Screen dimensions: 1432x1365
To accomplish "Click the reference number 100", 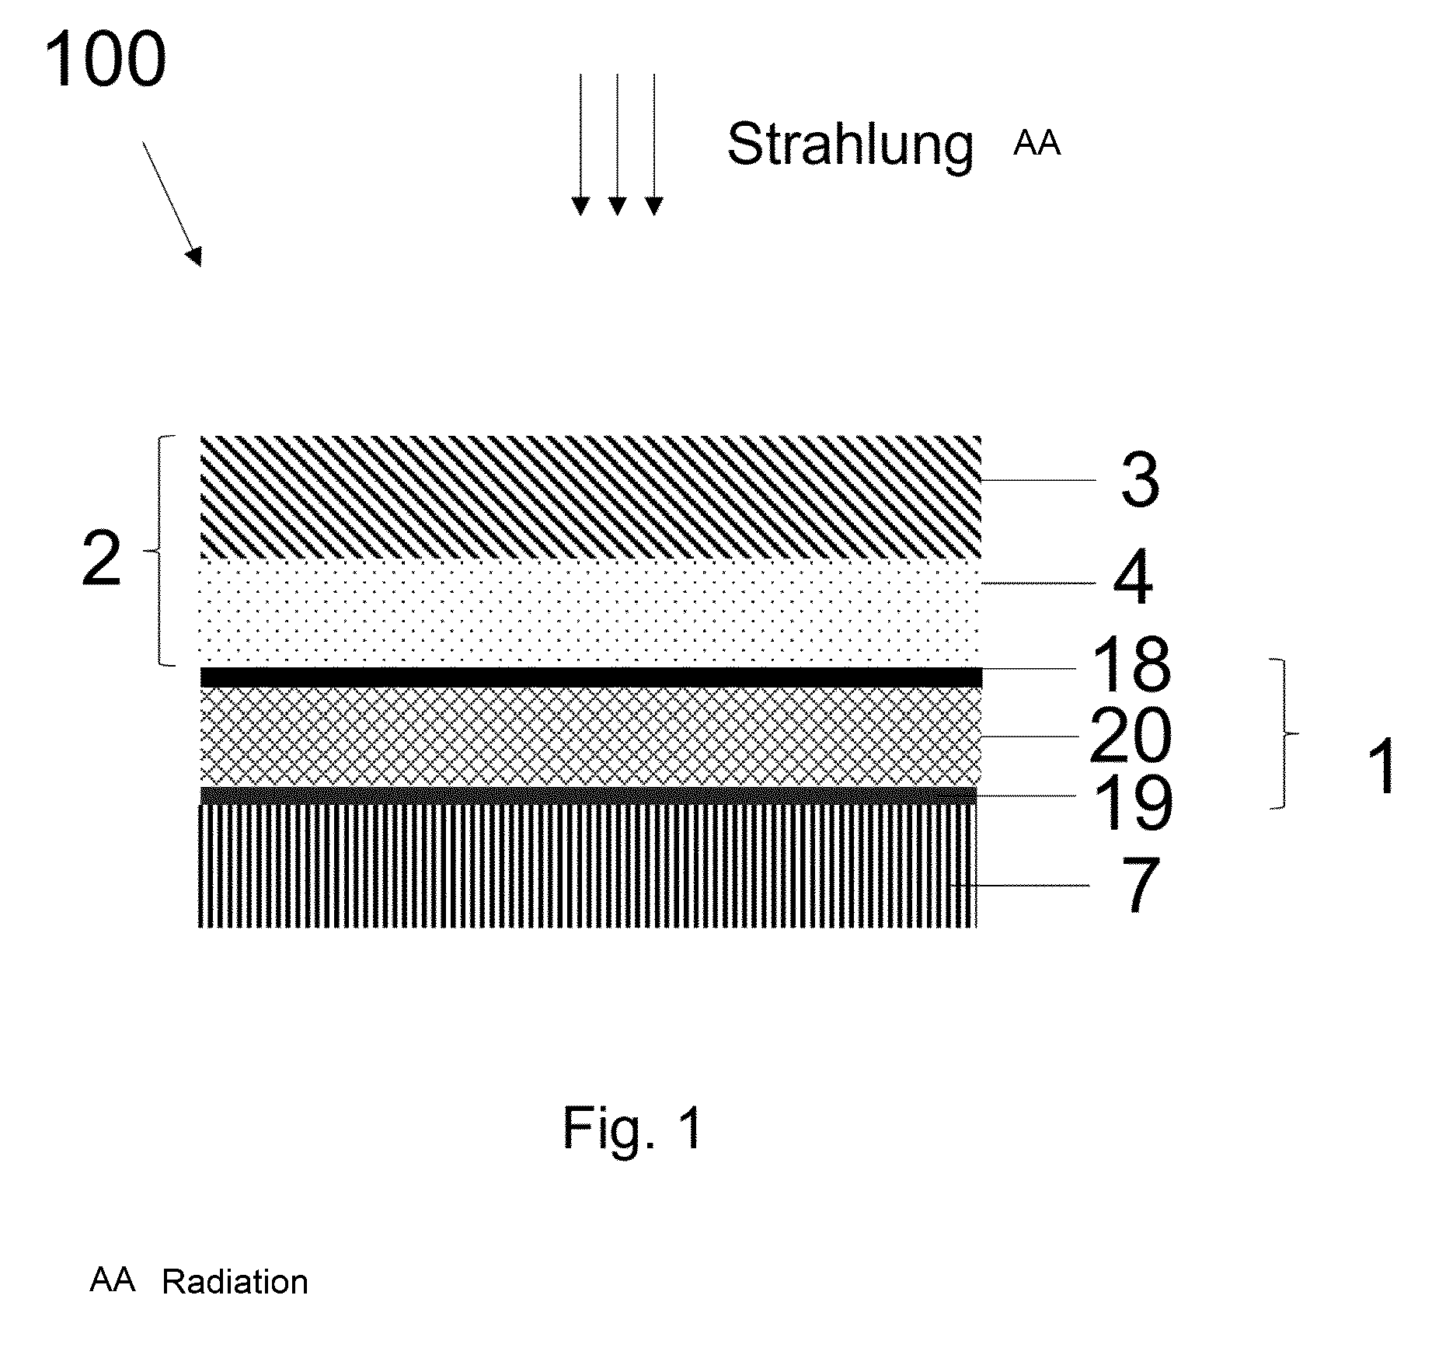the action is pos(105,60).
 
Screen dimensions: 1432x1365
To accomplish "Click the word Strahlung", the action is pos(850,145).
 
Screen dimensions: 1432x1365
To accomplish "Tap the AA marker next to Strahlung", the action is pos(1037,145).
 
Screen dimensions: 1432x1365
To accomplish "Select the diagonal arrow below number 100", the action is pos(172,204).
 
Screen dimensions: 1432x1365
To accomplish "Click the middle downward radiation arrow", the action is pos(617,145).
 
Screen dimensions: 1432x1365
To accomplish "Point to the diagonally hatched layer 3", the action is pos(591,498).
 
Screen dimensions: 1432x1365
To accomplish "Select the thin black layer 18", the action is pos(591,677).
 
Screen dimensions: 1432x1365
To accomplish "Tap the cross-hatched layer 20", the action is pos(591,736).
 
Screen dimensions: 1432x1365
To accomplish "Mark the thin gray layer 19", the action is pos(588,796).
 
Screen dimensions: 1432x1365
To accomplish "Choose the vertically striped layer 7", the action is pos(588,865).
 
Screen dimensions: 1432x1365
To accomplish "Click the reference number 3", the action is pos(1139,482).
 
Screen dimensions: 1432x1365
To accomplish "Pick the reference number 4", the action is pos(1133,580).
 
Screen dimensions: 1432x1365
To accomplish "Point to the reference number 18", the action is pos(1131,664).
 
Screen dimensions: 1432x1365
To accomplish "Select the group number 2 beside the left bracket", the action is pos(102,560).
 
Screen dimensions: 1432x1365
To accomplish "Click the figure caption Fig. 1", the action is pos(632,1127).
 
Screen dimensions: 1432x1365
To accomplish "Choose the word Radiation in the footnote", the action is pos(235,1282).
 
